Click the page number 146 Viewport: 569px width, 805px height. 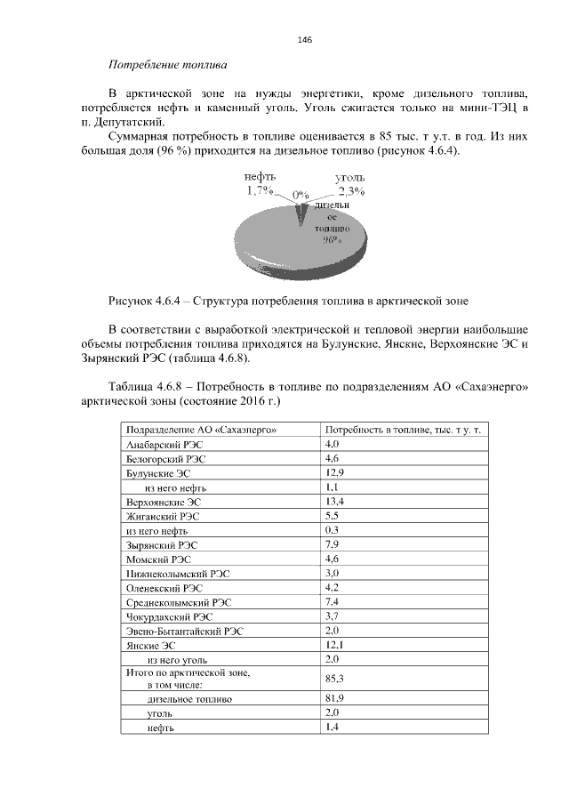point(304,40)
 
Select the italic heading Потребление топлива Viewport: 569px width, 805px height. point(166,65)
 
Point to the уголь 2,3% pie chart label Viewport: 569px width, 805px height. point(353,184)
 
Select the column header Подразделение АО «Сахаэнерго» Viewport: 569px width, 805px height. point(196,429)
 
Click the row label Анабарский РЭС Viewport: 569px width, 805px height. point(165,443)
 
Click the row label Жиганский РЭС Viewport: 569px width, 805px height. point(164,515)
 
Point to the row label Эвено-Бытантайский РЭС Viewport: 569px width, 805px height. point(185,630)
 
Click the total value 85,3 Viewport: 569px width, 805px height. point(334,679)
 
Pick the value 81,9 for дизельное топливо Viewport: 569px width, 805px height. point(334,699)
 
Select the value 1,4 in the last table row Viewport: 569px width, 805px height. point(332,728)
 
